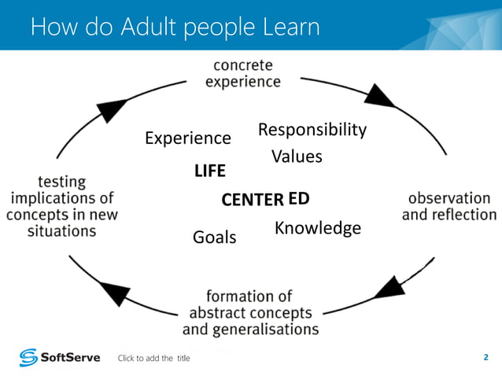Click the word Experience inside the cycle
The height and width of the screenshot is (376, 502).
188,138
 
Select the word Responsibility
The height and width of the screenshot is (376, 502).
312,130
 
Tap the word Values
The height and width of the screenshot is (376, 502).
297,157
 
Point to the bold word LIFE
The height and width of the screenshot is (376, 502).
210,171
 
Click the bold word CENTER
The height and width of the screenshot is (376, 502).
252,200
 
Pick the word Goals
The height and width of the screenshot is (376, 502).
214,237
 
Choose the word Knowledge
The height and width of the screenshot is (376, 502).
318,228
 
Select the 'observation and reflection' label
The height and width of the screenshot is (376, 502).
449,206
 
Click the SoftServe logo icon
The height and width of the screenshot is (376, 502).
28,358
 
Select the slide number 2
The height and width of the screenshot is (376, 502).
485,358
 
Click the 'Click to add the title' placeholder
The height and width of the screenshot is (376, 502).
153,359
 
